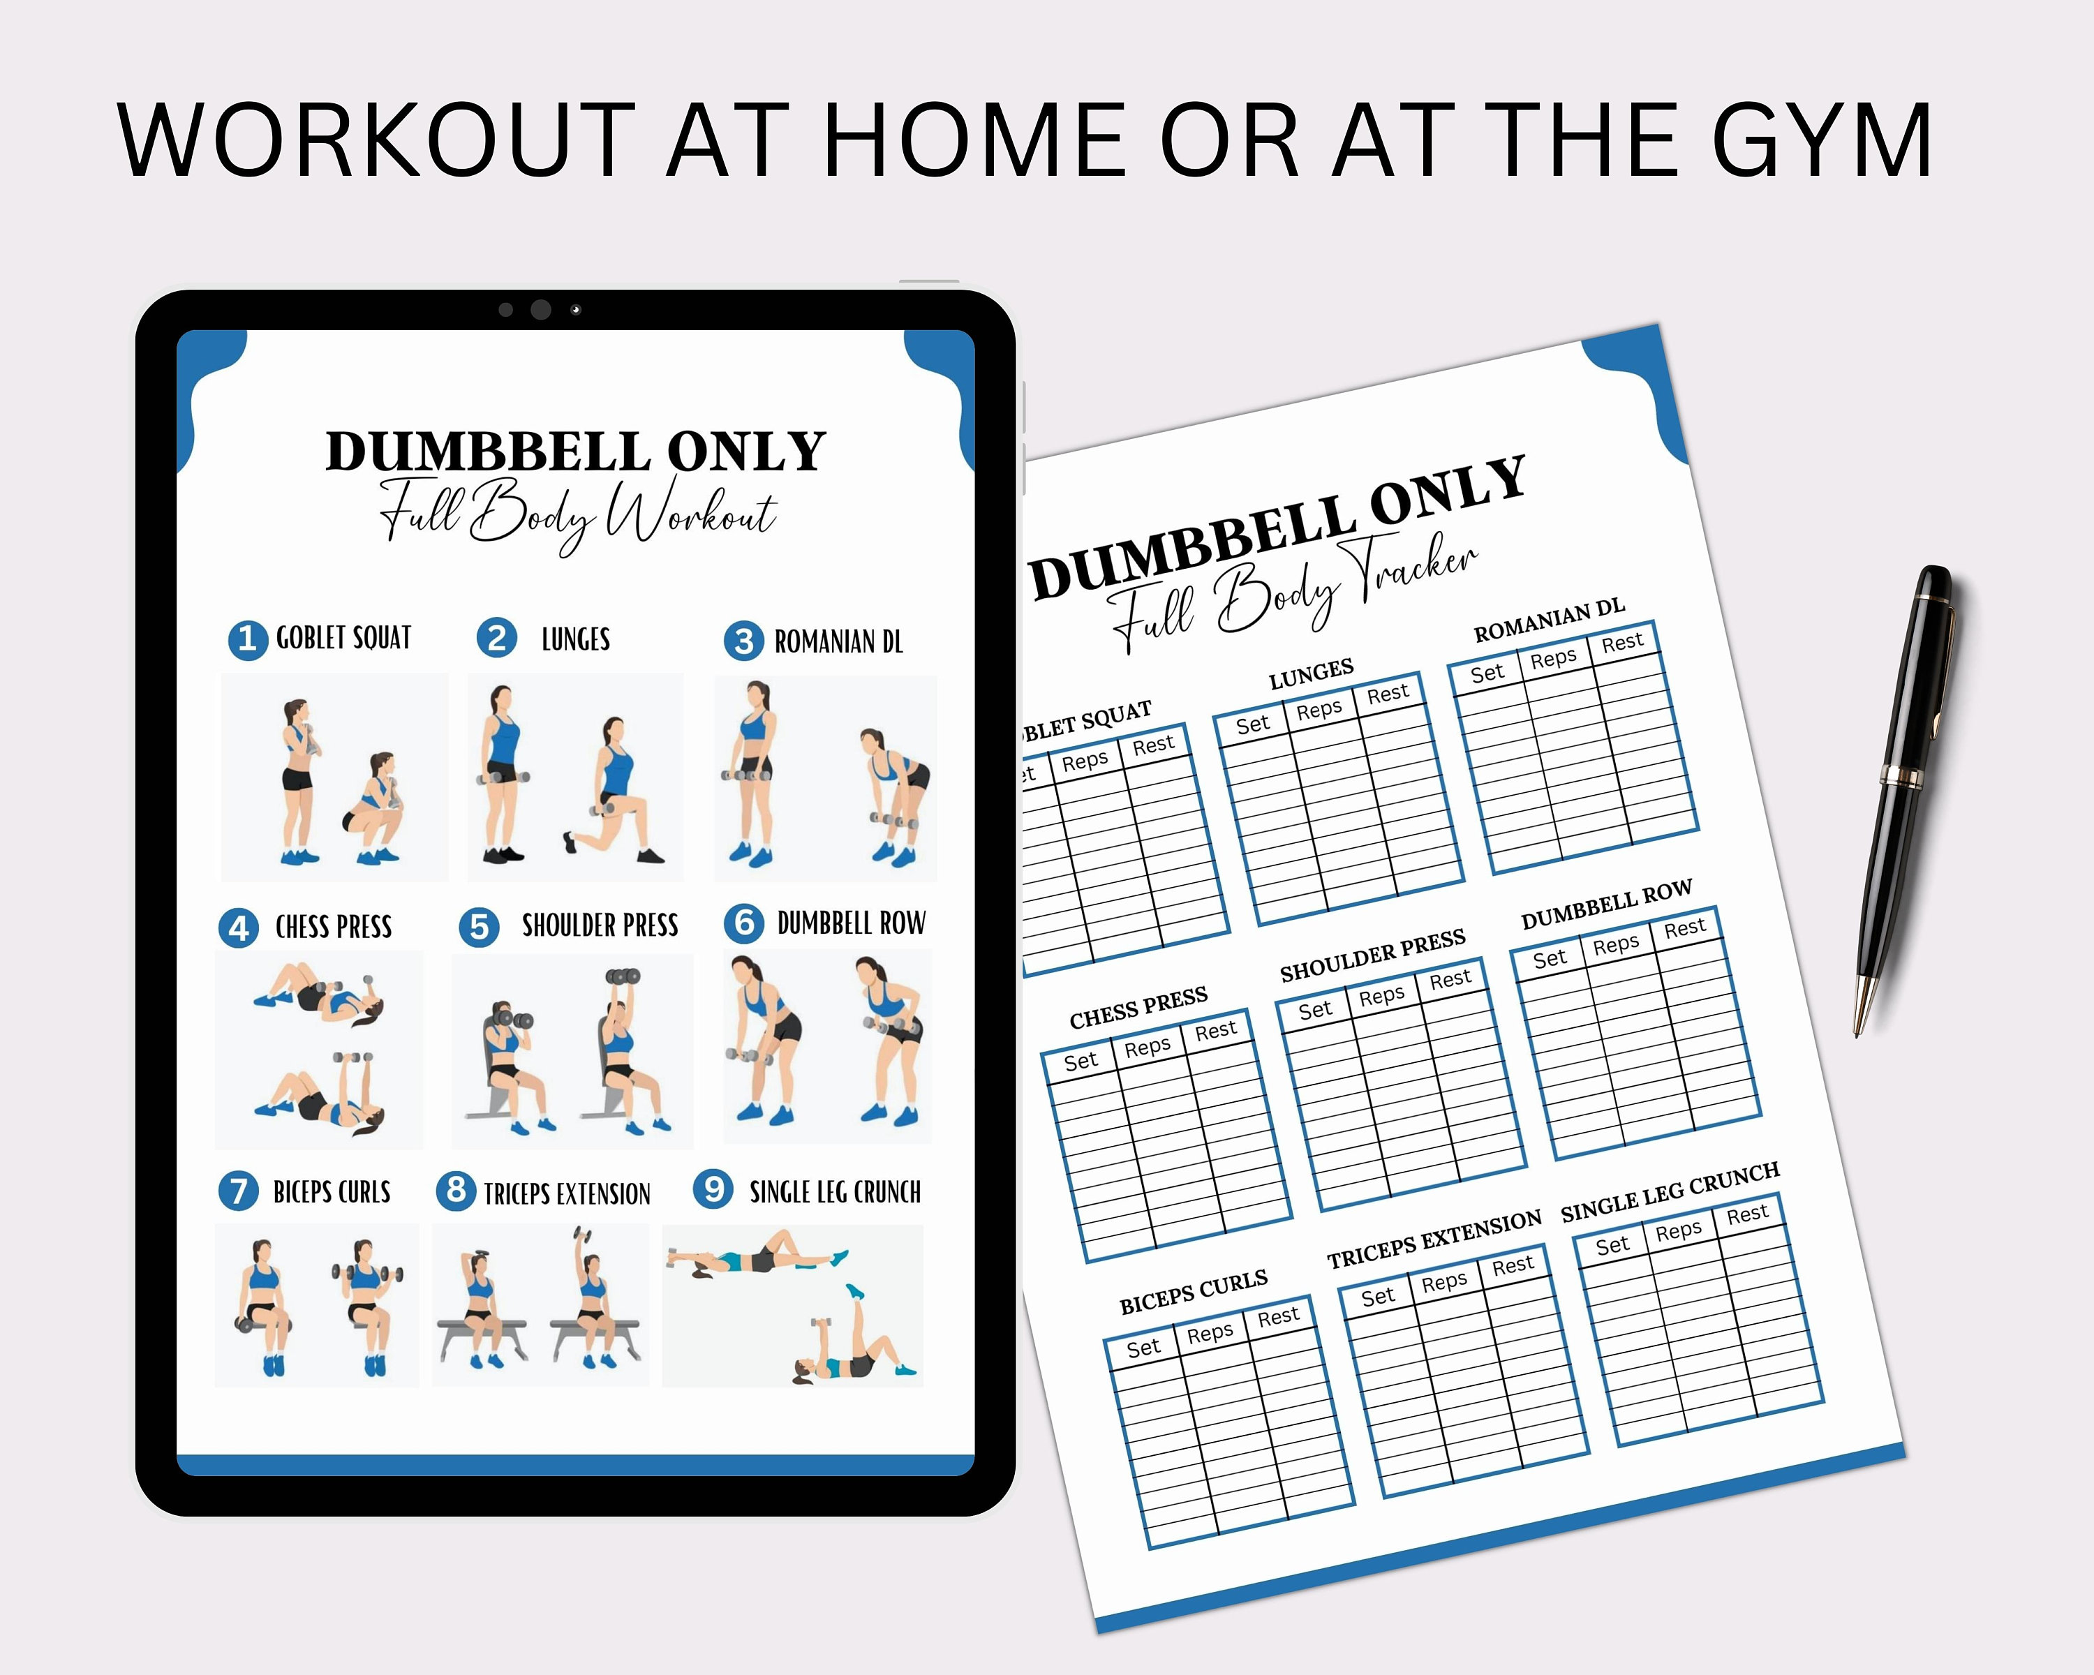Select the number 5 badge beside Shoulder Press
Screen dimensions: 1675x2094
point(479,928)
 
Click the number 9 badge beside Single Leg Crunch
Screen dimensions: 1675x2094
point(714,1189)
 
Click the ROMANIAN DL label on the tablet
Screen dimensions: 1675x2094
point(838,642)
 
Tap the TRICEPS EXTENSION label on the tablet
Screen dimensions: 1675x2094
point(567,1193)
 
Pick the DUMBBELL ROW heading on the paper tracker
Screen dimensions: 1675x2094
point(1606,904)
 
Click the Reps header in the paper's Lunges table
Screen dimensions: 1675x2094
point(1318,710)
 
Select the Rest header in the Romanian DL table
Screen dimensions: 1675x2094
point(1622,642)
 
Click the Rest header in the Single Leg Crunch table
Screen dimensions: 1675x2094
point(1746,1214)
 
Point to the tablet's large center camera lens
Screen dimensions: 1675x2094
point(541,310)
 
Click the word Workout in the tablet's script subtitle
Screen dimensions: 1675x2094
point(692,514)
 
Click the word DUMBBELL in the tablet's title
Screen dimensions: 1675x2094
point(488,452)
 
